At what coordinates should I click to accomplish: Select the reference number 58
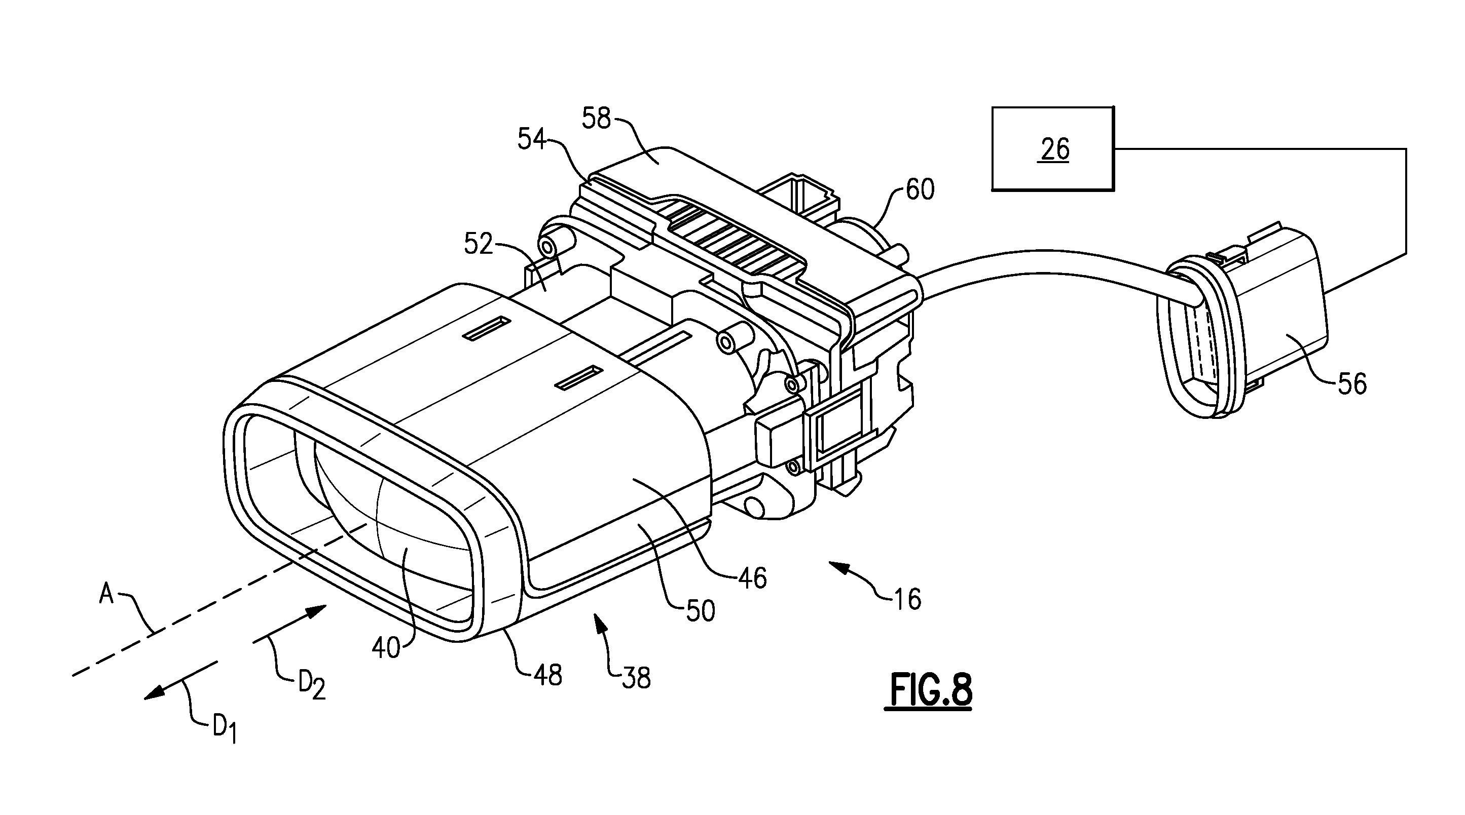pos(596,119)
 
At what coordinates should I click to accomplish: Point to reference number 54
pos(531,139)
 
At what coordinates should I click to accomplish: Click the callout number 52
pos(479,244)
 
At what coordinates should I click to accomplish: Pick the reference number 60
pos(920,189)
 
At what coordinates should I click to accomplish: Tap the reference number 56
pos(1352,383)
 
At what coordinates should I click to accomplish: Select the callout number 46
pos(752,578)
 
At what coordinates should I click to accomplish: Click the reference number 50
pos(701,611)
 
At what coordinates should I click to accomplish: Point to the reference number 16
pos(907,599)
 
